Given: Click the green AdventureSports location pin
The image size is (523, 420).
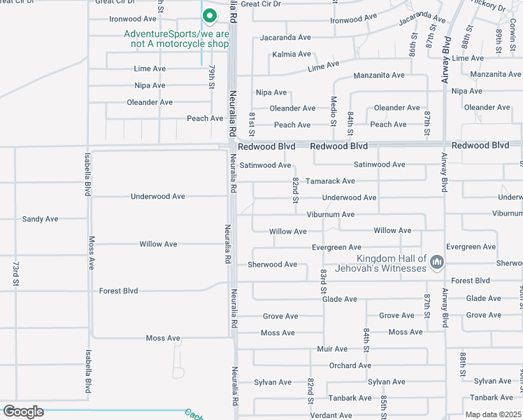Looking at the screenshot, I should tap(208, 16).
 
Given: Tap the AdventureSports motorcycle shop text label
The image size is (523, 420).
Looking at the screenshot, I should tap(176, 38).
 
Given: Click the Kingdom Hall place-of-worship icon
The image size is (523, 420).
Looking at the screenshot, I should tap(438, 262).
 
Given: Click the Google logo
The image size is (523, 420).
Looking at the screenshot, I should tap(22, 412).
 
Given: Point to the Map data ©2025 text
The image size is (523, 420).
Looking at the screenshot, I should tap(493, 414).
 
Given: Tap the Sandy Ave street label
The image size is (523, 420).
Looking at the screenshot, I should tap(40, 219).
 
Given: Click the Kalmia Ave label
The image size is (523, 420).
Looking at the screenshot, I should tap(292, 54).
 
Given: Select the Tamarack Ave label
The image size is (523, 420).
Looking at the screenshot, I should tap(330, 181).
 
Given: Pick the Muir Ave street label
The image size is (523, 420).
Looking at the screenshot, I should tap(332, 349).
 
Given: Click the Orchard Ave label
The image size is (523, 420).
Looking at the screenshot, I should tap(350, 365).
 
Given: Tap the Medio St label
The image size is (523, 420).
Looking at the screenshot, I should tap(334, 110).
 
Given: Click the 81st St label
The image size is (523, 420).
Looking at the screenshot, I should tap(252, 123).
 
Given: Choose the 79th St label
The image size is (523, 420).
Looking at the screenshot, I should tap(211, 77).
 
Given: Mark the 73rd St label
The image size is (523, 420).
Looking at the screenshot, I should tap(15, 274).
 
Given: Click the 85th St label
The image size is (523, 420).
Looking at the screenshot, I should tap(385, 405).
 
